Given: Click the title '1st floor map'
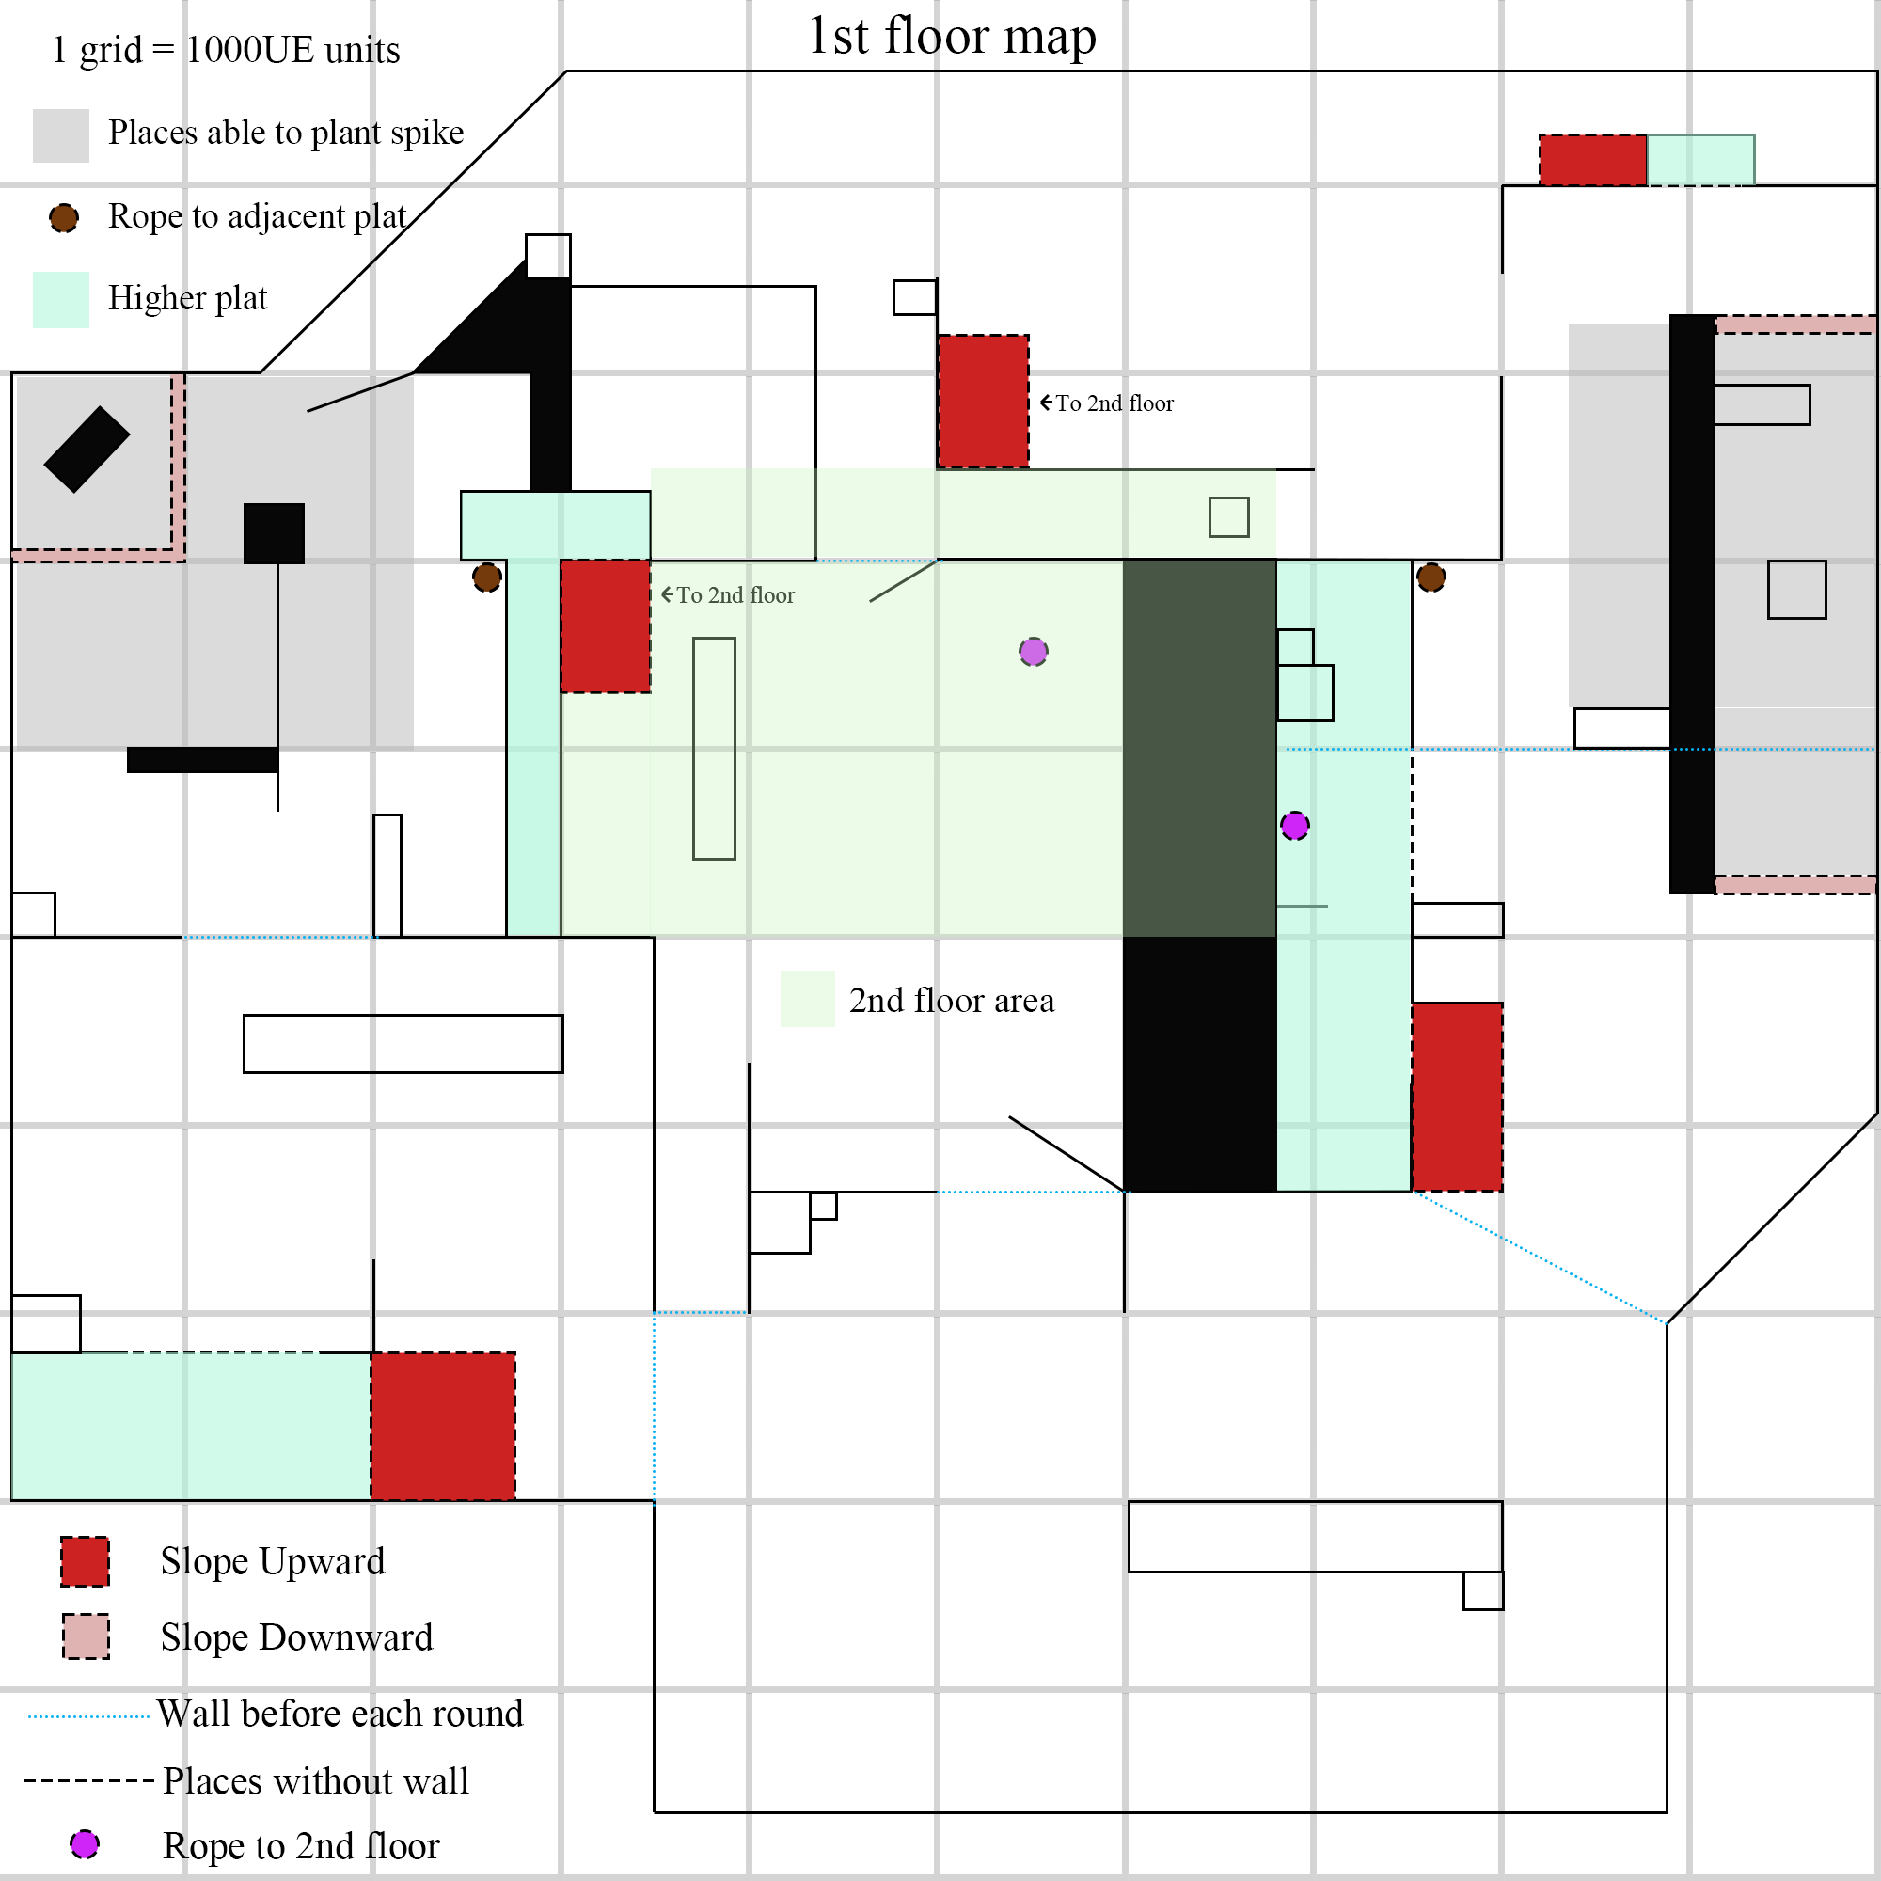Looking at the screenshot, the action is pos(951,37).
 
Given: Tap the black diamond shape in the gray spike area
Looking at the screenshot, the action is pos(87,449).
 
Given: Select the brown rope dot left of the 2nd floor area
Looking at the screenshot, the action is pos(487,577).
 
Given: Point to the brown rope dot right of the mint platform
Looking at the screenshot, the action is pos(1431,577).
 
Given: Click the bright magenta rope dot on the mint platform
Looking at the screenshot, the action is pos(1294,826).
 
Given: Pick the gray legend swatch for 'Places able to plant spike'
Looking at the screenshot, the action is pos(60,134).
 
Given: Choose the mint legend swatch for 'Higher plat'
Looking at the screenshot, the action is pos(60,299).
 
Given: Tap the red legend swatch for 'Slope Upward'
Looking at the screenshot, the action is pos(85,1560).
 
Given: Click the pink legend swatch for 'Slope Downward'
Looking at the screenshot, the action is pos(86,1636).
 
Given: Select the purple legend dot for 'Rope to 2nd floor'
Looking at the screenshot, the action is pos(85,1844).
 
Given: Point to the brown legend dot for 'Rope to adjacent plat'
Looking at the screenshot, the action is pos(64,217).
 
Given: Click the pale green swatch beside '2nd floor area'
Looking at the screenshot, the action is pos(807,999).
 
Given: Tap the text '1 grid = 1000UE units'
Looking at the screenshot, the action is pos(226,50).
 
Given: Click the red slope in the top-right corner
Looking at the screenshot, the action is pos(1592,160).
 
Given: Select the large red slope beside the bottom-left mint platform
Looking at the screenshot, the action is pos(443,1426).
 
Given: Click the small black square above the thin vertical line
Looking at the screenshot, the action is pos(274,533).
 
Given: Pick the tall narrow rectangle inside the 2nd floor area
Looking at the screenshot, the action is pos(714,748).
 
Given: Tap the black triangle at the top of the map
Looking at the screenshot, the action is pos(477,326).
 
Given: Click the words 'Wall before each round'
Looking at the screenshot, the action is pos(340,1714).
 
